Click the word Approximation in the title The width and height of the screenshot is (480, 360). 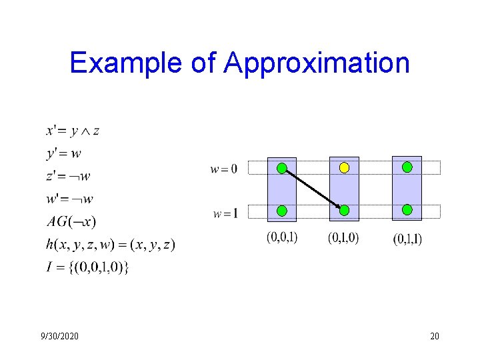[x=317, y=63]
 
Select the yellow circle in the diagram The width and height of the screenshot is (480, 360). [x=344, y=168]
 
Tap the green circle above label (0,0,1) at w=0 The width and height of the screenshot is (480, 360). [x=282, y=167]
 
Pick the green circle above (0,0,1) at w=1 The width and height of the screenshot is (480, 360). [x=282, y=211]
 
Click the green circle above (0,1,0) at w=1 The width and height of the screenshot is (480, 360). [x=344, y=210]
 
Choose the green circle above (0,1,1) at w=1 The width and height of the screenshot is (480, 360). [x=407, y=209]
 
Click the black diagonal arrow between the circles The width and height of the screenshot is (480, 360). [x=312, y=189]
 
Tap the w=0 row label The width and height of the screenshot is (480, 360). [x=224, y=169]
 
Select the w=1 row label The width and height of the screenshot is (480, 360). [x=225, y=213]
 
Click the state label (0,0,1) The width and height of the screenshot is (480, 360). [x=282, y=237]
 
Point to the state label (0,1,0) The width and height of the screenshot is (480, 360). [x=343, y=237]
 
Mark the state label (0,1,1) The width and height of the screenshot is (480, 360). [x=407, y=238]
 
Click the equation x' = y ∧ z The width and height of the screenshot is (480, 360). [x=73, y=131]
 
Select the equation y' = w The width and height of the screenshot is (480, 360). [x=64, y=153]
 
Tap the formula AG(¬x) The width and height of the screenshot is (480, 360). [x=71, y=221]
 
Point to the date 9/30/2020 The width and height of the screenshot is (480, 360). [x=59, y=336]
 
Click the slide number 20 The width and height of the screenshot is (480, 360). [x=435, y=336]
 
